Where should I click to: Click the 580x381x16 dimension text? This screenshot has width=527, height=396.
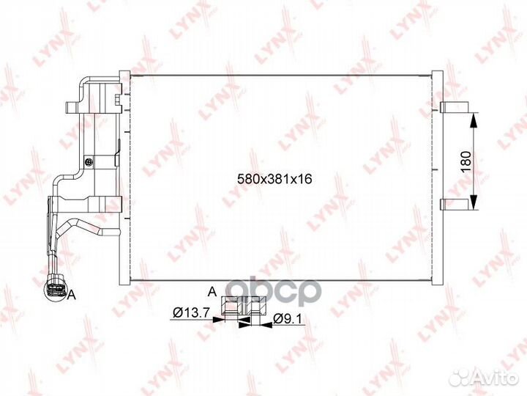(274, 179)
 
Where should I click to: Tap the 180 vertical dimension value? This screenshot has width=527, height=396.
(466, 161)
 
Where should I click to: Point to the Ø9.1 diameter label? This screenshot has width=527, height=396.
(288, 318)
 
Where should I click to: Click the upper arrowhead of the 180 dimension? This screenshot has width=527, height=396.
(474, 120)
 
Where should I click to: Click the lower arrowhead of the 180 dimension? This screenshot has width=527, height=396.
(474, 202)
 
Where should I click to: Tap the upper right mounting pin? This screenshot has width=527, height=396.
(455, 107)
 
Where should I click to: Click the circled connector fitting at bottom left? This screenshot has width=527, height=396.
(55, 289)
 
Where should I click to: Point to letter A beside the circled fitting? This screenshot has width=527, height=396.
(72, 296)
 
